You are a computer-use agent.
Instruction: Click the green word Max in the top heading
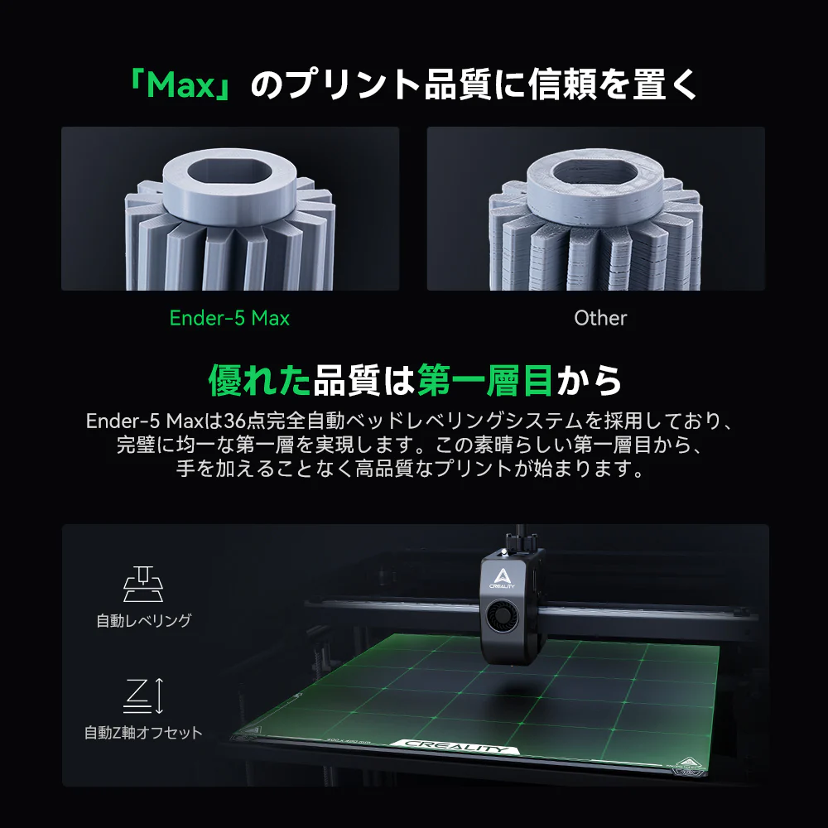pyautogui.click(x=181, y=86)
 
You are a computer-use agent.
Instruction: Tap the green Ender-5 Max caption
pyautogui.click(x=229, y=318)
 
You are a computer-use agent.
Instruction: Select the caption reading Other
pyautogui.click(x=600, y=318)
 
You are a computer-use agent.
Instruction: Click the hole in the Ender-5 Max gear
pyautogui.click(x=228, y=173)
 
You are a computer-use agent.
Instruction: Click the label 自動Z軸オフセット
pyautogui.click(x=143, y=733)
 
